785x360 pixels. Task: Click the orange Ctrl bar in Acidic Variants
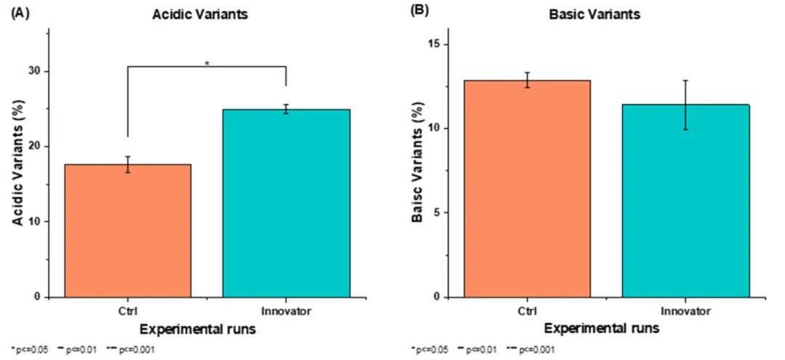click(x=128, y=231)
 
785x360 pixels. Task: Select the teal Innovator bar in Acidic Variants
click(x=286, y=203)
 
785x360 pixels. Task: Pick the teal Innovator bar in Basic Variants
click(x=685, y=201)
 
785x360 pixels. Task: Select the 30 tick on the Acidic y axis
click(x=34, y=71)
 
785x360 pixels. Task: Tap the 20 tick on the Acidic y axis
click(x=34, y=146)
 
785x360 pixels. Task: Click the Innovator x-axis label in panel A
click(x=286, y=311)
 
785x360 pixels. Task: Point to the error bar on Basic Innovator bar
click(x=685, y=105)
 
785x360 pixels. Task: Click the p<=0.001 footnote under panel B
click(x=536, y=351)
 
